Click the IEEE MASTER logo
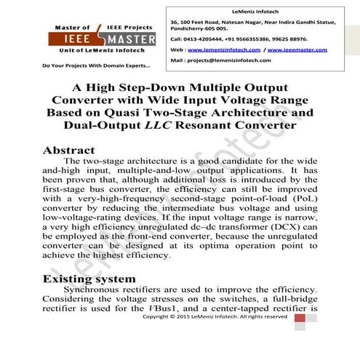[x=86, y=38]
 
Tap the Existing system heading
[x=91, y=279]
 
